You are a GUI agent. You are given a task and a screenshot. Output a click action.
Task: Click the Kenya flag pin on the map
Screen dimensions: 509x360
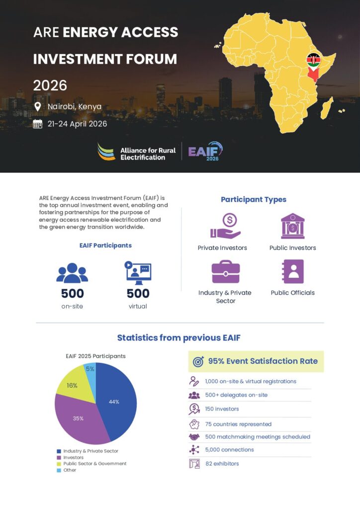[x=313, y=61]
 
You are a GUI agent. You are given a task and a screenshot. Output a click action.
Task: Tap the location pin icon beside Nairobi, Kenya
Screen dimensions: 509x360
[x=37, y=107]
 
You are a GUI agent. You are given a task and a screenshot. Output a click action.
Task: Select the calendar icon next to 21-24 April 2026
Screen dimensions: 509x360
[x=37, y=124]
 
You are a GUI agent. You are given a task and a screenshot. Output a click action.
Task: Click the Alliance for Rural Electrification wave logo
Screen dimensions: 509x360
[x=106, y=152]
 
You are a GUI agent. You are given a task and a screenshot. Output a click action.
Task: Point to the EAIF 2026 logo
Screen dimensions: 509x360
[x=205, y=151]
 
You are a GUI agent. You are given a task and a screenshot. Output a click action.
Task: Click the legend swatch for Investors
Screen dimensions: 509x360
[x=59, y=457]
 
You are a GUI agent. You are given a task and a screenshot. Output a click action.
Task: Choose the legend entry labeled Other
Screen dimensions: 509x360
[x=70, y=470]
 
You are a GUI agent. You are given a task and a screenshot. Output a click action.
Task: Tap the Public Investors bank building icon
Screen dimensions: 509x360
[x=292, y=226]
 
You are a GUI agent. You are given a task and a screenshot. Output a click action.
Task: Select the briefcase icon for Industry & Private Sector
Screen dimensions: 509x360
[x=226, y=271]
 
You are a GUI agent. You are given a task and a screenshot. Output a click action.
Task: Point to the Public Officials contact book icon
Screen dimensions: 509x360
[x=292, y=271]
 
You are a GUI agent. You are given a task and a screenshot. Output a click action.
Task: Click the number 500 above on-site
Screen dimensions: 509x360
[x=72, y=293]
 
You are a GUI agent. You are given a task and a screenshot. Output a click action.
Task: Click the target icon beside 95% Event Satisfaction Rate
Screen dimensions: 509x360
[x=197, y=362]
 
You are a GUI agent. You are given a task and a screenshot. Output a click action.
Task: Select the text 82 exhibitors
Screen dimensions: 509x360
[x=222, y=464]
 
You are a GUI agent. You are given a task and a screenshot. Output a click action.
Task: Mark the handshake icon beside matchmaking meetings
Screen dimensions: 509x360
[x=194, y=437]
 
